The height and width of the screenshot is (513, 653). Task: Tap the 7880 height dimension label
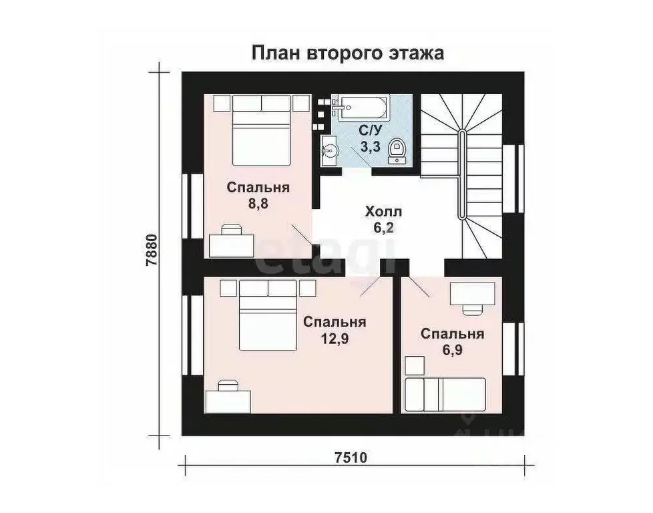[x=153, y=250]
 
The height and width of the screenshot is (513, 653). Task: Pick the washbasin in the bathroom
[x=329, y=148]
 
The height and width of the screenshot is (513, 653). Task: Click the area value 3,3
[x=371, y=147]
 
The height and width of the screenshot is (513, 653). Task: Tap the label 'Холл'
[x=383, y=212]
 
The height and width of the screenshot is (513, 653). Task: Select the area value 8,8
[x=258, y=204]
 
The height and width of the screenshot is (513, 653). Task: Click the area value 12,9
[x=335, y=339]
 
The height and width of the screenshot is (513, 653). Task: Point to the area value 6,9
[x=453, y=350]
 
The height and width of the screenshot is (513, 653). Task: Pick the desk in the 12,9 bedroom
[x=228, y=399]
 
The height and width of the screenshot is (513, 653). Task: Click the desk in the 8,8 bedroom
[x=232, y=242]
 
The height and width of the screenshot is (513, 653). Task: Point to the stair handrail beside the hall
[x=461, y=174]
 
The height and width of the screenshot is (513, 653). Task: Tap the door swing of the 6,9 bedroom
[x=419, y=287]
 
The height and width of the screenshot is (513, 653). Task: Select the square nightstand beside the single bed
[x=415, y=366]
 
